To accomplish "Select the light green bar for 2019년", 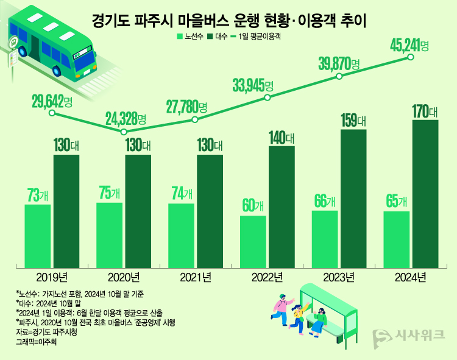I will click(38, 236).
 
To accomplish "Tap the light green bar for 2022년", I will click(253, 242).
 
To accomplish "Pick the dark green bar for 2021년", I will click(210, 211).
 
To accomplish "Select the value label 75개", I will click(110, 192).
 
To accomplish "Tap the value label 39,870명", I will click(339, 64).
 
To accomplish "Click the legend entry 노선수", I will click(190, 37).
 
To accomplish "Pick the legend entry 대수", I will click(219, 37).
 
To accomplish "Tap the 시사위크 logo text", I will click(420, 335).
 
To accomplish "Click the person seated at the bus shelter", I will click(321, 320).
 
